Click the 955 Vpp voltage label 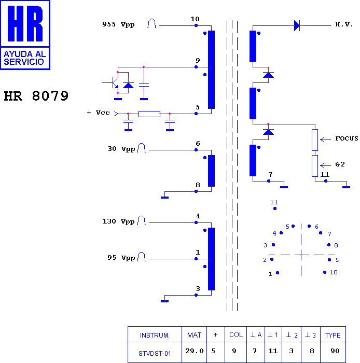[118, 24]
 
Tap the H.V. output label [344, 24]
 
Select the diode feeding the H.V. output [297, 25]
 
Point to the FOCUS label [347, 138]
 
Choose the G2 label [340, 164]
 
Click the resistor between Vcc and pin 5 [149, 114]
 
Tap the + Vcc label [98, 113]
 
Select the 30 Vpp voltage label [121, 149]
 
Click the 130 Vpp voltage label [118, 221]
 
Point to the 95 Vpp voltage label [121, 258]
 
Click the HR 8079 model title [36, 96]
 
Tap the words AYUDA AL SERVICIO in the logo [24, 58]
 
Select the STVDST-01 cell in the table [155, 354]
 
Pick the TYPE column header [333, 335]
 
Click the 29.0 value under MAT [194, 351]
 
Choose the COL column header [236, 335]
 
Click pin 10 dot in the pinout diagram [325, 272]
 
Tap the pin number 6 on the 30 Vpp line [198, 144]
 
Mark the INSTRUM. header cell [155, 335]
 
